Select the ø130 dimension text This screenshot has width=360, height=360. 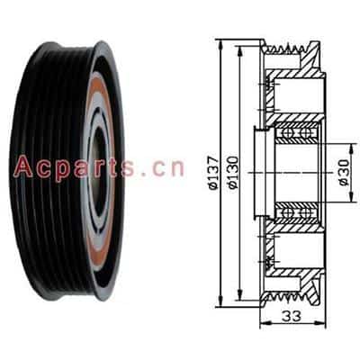(x=233, y=173)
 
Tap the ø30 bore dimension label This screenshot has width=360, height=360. (x=344, y=173)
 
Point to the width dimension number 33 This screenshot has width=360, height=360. (x=292, y=316)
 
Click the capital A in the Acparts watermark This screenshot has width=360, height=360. (x=23, y=166)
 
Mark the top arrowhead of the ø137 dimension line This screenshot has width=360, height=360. (x=221, y=45)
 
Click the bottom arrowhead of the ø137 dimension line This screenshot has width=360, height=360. (x=221, y=301)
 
